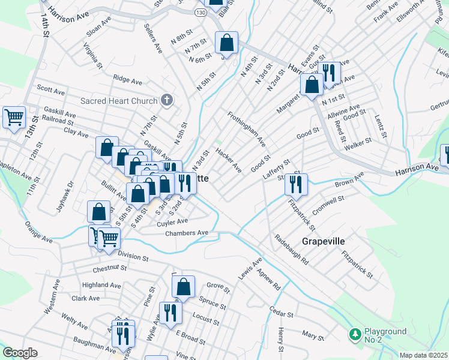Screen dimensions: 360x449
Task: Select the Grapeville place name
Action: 323,241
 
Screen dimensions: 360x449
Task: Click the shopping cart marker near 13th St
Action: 14,117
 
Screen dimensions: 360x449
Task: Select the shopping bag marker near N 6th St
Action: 226,43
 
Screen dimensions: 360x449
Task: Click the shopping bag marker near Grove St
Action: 184,287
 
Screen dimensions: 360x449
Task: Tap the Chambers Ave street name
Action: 187,233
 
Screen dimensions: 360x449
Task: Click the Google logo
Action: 20,353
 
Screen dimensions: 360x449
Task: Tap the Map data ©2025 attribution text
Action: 423,355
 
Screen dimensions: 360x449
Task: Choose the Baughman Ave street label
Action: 95,345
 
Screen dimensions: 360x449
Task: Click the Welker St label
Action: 359,143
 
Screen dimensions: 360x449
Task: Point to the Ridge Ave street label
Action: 127,79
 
